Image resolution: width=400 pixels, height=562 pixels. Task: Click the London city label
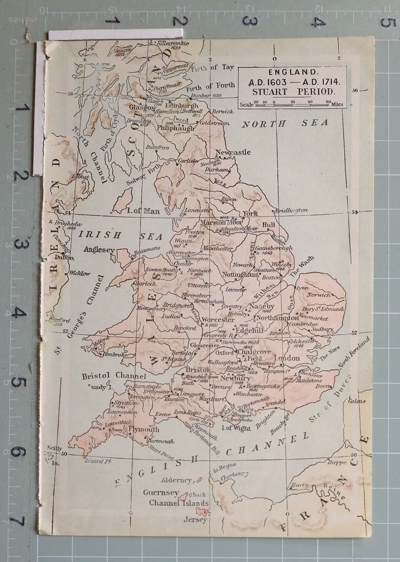pos(286,358)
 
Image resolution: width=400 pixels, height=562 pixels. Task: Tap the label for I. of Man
pos(142,211)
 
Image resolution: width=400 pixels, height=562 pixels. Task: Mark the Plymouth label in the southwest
pos(144,429)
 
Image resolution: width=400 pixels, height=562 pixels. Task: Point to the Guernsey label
pos(161,493)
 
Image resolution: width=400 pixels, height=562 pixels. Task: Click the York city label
pos(250,213)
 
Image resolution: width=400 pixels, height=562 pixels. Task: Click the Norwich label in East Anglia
pos(318,295)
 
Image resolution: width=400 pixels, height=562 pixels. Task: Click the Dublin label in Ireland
pos(67,257)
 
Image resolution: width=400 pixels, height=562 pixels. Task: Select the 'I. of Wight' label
pos(237,428)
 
